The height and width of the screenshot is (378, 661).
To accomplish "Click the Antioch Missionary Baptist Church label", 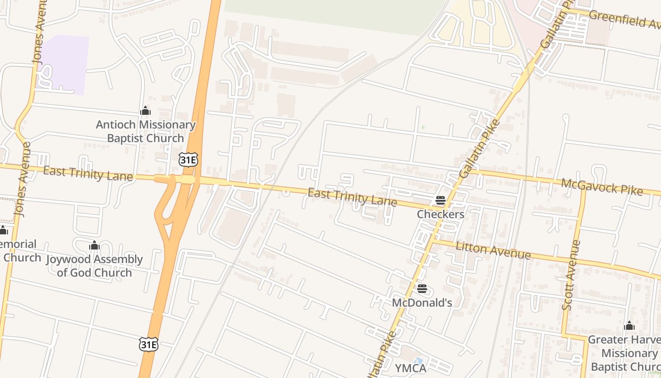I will pyautogui.click(x=145, y=131).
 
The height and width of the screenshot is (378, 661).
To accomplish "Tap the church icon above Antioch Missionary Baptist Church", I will pyautogui.click(x=145, y=111).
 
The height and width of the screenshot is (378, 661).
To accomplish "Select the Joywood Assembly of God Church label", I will pyautogui.click(x=94, y=266).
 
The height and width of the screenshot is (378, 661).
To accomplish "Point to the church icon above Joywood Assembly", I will pyautogui.click(x=94, y=246).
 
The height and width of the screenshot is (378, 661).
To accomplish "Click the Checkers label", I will pyautogui.click(x=441, y=214).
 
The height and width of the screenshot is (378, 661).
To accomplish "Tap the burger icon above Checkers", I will pyautogui.click(x=441, y=200).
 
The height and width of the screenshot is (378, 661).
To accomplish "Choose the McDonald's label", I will pyautogui.click(x=422, y=302).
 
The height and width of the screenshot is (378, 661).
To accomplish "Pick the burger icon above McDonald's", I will pyautogui.click(x=422, y=289).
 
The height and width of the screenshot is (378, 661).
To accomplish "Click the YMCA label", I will pyautogui.click(x=410, y=368).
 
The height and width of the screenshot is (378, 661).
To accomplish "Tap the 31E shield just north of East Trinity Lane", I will pyautogui.click(x=188, y=160).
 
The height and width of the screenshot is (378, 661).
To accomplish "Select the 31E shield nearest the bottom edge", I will pyautogui.click(x=148, y=344).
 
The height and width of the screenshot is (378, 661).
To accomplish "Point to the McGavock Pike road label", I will pyautogui.click(x=602, y=186).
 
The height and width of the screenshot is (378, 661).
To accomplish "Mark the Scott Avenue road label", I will pyautogui.click(x=571, y=275).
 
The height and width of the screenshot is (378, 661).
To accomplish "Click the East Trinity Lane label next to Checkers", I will pyautogui.click(x=352, y=197).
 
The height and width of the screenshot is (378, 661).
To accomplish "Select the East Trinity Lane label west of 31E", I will pyautogui.click(x=88, y=173).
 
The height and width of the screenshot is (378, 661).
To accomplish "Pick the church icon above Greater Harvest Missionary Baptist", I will pyautogui.click(x=629, y=326).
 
